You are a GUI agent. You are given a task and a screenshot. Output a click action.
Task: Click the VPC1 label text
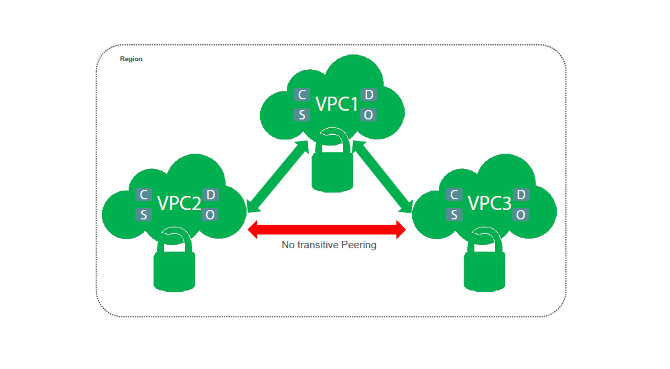tap(337, 104)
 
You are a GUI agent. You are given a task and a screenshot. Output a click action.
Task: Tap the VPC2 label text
tap(179, 203)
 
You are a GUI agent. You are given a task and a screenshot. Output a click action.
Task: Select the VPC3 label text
tap(489, 203)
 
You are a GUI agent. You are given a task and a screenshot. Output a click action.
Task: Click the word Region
tap(131, 59)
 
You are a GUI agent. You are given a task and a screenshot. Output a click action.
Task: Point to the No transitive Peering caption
tap(329, 245)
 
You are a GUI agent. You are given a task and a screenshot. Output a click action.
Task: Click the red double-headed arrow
tap(327, 230)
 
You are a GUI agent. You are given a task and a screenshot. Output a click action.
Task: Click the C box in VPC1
tap(301, 95)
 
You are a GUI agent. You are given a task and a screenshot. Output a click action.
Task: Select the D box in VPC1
tap(369, 95)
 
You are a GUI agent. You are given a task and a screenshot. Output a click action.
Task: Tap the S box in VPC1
tap(301, 115)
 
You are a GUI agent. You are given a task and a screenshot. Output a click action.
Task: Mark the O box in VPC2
tap(210, 215)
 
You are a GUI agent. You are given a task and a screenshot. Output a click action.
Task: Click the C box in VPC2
tap(143, 195)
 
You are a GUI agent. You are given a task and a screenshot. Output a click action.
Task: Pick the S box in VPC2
tap(143, 215)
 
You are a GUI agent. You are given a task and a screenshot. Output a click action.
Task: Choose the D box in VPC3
tap(521, 195)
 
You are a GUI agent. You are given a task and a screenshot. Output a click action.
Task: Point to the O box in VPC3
tap(521, 215)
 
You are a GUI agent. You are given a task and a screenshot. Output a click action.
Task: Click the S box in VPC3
tap(454, 215)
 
